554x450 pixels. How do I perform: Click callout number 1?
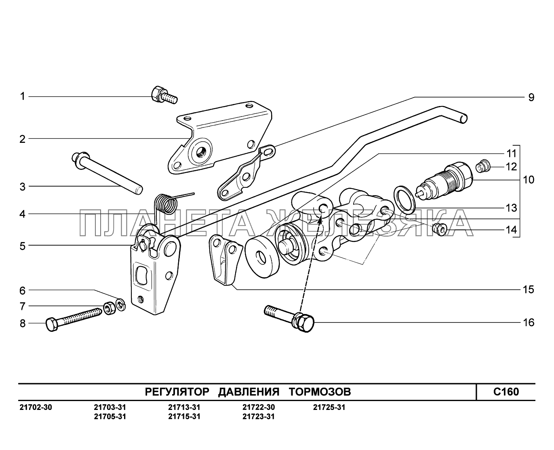click(x=23, y=96)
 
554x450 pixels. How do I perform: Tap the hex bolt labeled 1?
click(x=163, y=96)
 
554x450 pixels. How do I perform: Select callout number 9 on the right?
click(x=531, y=97)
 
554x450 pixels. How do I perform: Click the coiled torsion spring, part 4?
click(x=166, y=203)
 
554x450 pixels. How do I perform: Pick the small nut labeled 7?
click(x=108, y=309)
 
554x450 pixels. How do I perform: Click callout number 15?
click(x=528, y=290)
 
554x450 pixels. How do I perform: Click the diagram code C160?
click(x=506, y=392)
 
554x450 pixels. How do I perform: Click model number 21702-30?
click(x=36, y=408)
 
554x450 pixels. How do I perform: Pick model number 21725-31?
click(x=329, y=408)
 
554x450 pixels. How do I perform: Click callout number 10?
click(x=528, y=179)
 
